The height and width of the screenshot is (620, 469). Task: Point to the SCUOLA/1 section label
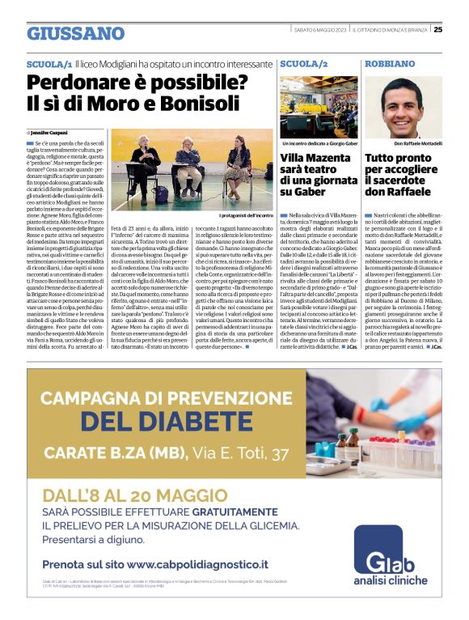[49, 63]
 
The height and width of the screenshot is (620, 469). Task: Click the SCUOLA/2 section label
[303, 63]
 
